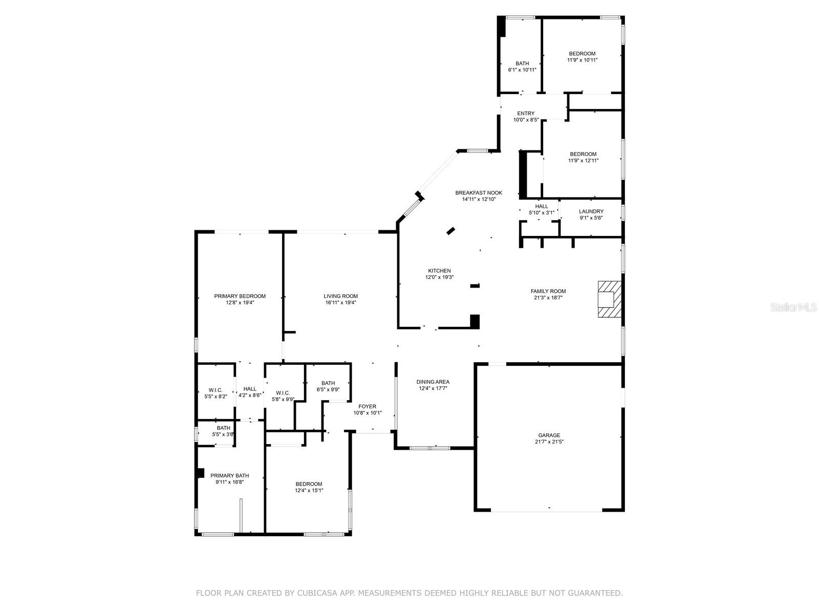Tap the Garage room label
pos(549,435)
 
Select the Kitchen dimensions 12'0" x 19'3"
pos(439,277)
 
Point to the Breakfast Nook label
pos(479,193)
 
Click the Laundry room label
pos(591,211)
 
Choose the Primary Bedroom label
pos(240,296)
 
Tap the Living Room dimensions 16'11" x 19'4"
pos(340,302)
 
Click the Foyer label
pos(367,407)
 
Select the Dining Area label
pos(433,382)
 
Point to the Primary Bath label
pos(229,476)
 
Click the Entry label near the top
pos(526,114)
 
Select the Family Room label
pos(548,291)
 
